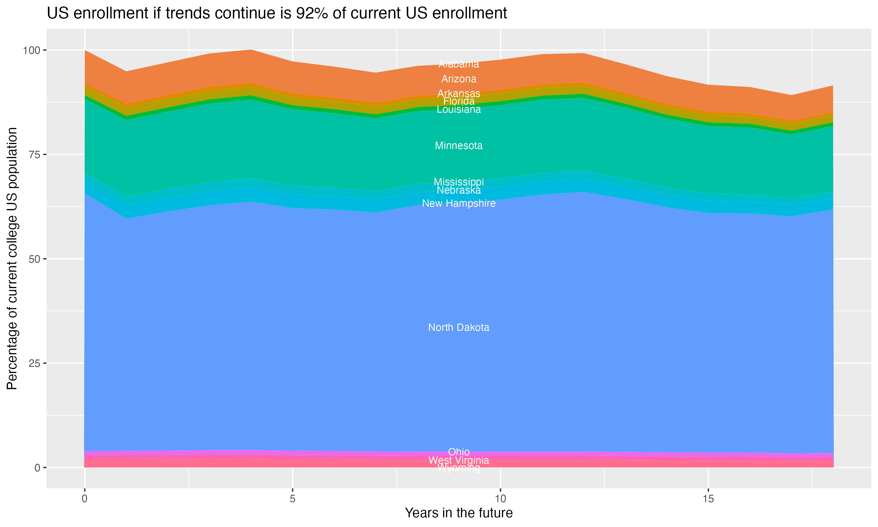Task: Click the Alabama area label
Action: (x=459, y=64)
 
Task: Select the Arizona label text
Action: (x=459, y=79)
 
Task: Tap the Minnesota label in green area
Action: (x=459, y=146)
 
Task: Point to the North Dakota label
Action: (x=459, y=327)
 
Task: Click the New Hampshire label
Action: (x=459, y=203)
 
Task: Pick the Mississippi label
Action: (x=459, y=182)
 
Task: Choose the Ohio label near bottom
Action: (x=459, y=452)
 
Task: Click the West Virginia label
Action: (x=459, y=460)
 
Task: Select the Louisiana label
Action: (x=459, y=109)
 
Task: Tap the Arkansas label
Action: (x=459, y=93)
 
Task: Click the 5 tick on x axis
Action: (x=292, y=499)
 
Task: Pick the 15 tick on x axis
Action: (x=708, y=499)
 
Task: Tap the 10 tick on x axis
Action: (x=500, y=499)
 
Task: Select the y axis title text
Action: (x=12, y=259)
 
